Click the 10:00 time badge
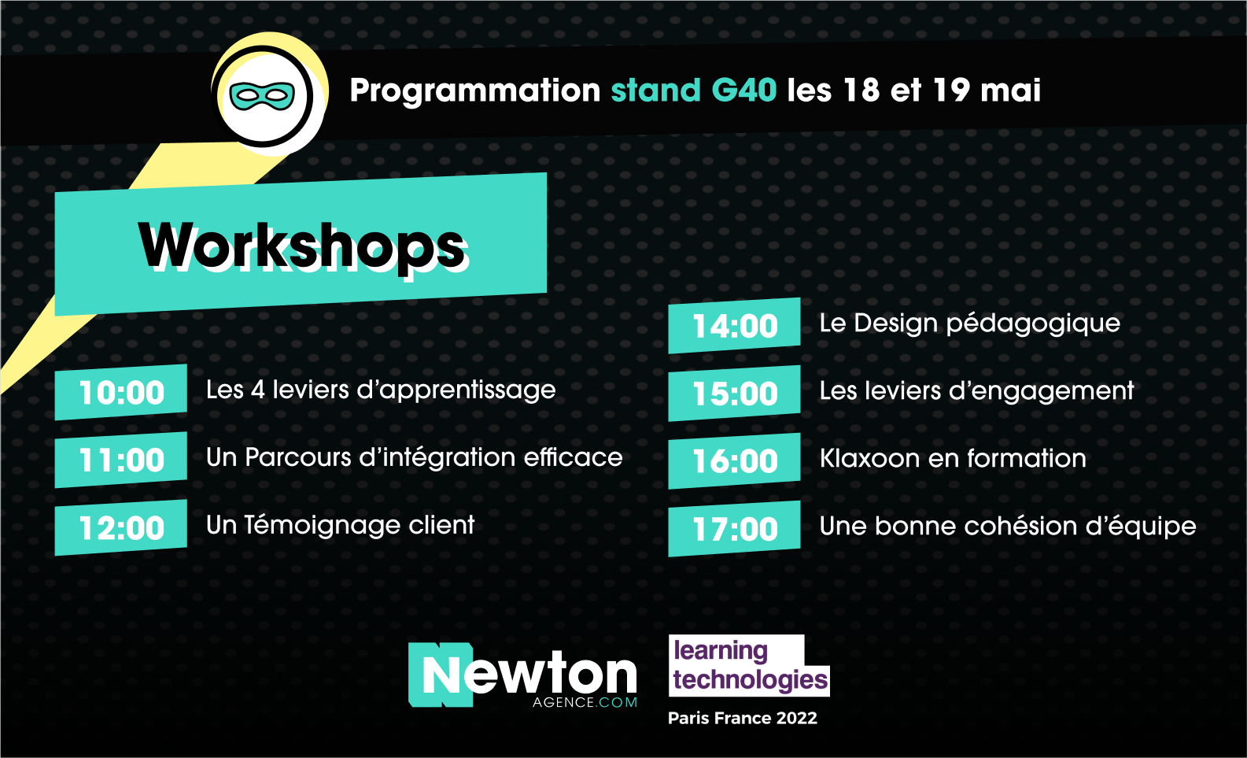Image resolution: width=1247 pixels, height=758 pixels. [121, 392]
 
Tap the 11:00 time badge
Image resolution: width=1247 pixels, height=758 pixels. [121, 460]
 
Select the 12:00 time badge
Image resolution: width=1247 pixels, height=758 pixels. [121, 527]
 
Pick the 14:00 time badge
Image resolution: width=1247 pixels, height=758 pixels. [734, 325]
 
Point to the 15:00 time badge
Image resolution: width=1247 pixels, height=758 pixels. [734, 394]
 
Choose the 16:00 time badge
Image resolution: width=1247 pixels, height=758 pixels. [734, 461]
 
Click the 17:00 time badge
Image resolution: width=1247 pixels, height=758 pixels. [734, 528]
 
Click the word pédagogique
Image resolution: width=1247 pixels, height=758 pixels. [1033, 324]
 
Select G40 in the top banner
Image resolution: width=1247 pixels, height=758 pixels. [743, 90]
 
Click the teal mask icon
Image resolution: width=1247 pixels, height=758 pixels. [262, 96]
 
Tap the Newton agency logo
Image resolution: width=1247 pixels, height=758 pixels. [522, 675]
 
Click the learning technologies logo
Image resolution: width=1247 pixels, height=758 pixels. [749, 666]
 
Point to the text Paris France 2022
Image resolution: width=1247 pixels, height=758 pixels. [743, 718]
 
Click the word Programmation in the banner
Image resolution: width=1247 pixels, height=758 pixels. [475, 91]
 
